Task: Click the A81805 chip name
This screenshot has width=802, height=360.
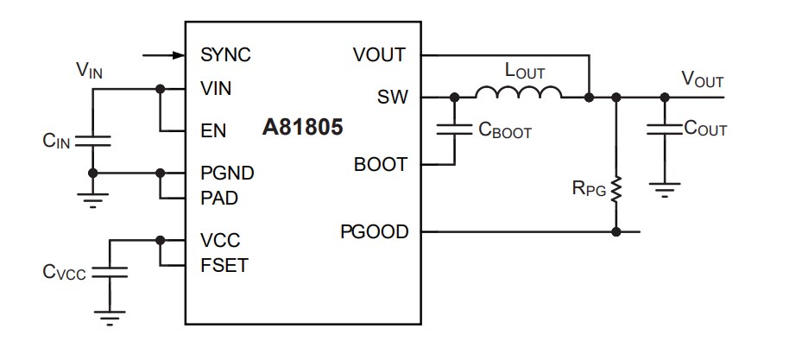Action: pos(303,129)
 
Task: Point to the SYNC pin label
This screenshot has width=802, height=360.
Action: pos(225,55)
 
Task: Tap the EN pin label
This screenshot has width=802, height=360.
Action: pos(213,131)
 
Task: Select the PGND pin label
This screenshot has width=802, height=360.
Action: pos(227,173)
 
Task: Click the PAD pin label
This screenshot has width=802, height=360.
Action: pos(219,198)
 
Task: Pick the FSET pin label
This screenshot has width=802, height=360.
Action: pos(224,265)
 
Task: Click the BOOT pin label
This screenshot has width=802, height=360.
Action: pos(380,164)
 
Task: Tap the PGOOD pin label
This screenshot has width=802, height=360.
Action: pos(374,231)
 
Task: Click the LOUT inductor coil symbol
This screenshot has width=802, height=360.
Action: pos(518,92)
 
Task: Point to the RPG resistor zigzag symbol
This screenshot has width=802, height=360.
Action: pos(616,190)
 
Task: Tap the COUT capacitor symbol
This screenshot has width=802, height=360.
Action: pos(664,129)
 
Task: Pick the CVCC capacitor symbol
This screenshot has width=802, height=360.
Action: pos(110,271)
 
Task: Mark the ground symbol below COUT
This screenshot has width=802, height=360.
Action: pos(664,187)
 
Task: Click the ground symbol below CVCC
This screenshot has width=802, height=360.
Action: pos(110,320)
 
